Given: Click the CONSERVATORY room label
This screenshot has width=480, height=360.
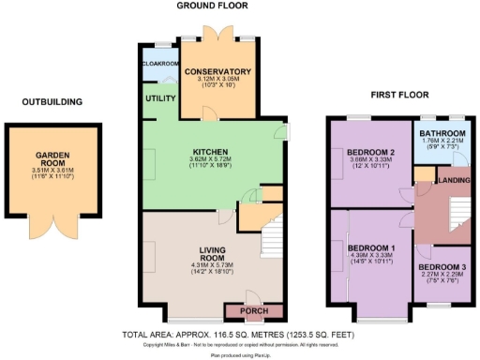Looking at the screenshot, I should click(x=217, y=71).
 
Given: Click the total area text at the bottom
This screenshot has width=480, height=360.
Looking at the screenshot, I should click(x=239, y=333).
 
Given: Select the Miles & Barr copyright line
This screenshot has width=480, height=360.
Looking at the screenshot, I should click(x=239, y=344).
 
